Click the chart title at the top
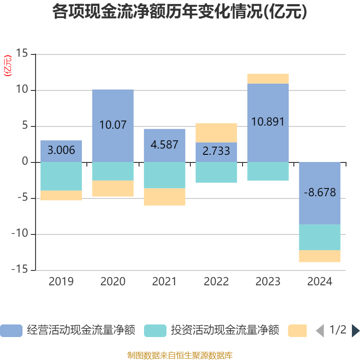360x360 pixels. tap(180, 12)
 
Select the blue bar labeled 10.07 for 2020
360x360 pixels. tap(113, 126)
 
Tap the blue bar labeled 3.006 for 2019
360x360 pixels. tap(61, 151)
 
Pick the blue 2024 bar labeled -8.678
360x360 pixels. tap(319, 193)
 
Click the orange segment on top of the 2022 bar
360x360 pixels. tap(216, 133)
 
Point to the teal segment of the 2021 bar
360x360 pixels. tap(165, 175)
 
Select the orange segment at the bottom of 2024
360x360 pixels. tap(319, 256)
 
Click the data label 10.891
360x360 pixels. tap(268, 121)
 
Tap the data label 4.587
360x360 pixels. tap(164, 144)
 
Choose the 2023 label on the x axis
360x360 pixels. tap(268, 282)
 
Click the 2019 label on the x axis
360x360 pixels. tap(61, 282)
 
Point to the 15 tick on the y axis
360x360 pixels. tap(22, 53)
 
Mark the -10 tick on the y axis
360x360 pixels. tap(20, 233)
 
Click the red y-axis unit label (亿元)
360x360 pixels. tap(8, 66)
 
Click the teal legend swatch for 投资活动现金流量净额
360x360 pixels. tap(155, 331)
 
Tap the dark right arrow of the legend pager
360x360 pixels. tap(355, 331)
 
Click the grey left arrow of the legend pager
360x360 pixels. tap(320, 331)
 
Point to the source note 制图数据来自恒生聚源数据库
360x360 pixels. tap(180, 355)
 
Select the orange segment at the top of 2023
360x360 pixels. tap(268, 79)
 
